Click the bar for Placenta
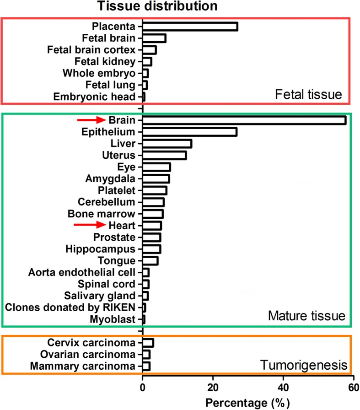190,27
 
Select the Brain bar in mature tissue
244,120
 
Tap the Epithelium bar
190,132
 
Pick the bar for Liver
167,144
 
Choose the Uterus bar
164,155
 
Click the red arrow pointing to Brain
91,120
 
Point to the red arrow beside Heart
90,225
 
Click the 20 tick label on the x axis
213,388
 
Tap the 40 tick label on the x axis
283,388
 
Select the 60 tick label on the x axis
354,388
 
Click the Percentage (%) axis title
247,403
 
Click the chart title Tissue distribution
157,6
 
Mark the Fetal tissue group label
308,94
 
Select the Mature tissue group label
306,316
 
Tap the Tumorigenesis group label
304,365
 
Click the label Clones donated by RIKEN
70,307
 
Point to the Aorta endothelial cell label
81,272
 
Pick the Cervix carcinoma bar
148,343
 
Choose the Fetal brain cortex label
91,50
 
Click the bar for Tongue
150,261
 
